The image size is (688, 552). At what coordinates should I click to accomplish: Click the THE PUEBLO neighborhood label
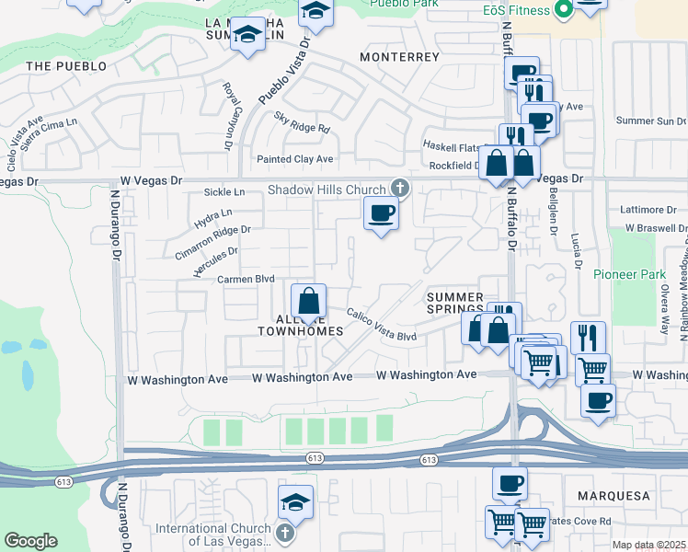(x=66, y=66)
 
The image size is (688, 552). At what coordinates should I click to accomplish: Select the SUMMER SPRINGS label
(x=454, y=303)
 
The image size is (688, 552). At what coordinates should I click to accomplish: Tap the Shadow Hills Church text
(x=327, y=190)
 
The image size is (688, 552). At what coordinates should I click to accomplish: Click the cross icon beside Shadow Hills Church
(x=399, y=188)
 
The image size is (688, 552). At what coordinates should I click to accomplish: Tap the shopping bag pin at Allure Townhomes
(x=308, y=302)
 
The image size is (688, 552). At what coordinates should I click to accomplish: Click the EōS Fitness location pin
(x=564, y=11)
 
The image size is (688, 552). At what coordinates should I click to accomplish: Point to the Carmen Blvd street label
(x=247, y=279)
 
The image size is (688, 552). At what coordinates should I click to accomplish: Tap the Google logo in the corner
(x=30, y=541)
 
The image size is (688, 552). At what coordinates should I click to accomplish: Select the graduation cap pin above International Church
(x=296, y=502)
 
